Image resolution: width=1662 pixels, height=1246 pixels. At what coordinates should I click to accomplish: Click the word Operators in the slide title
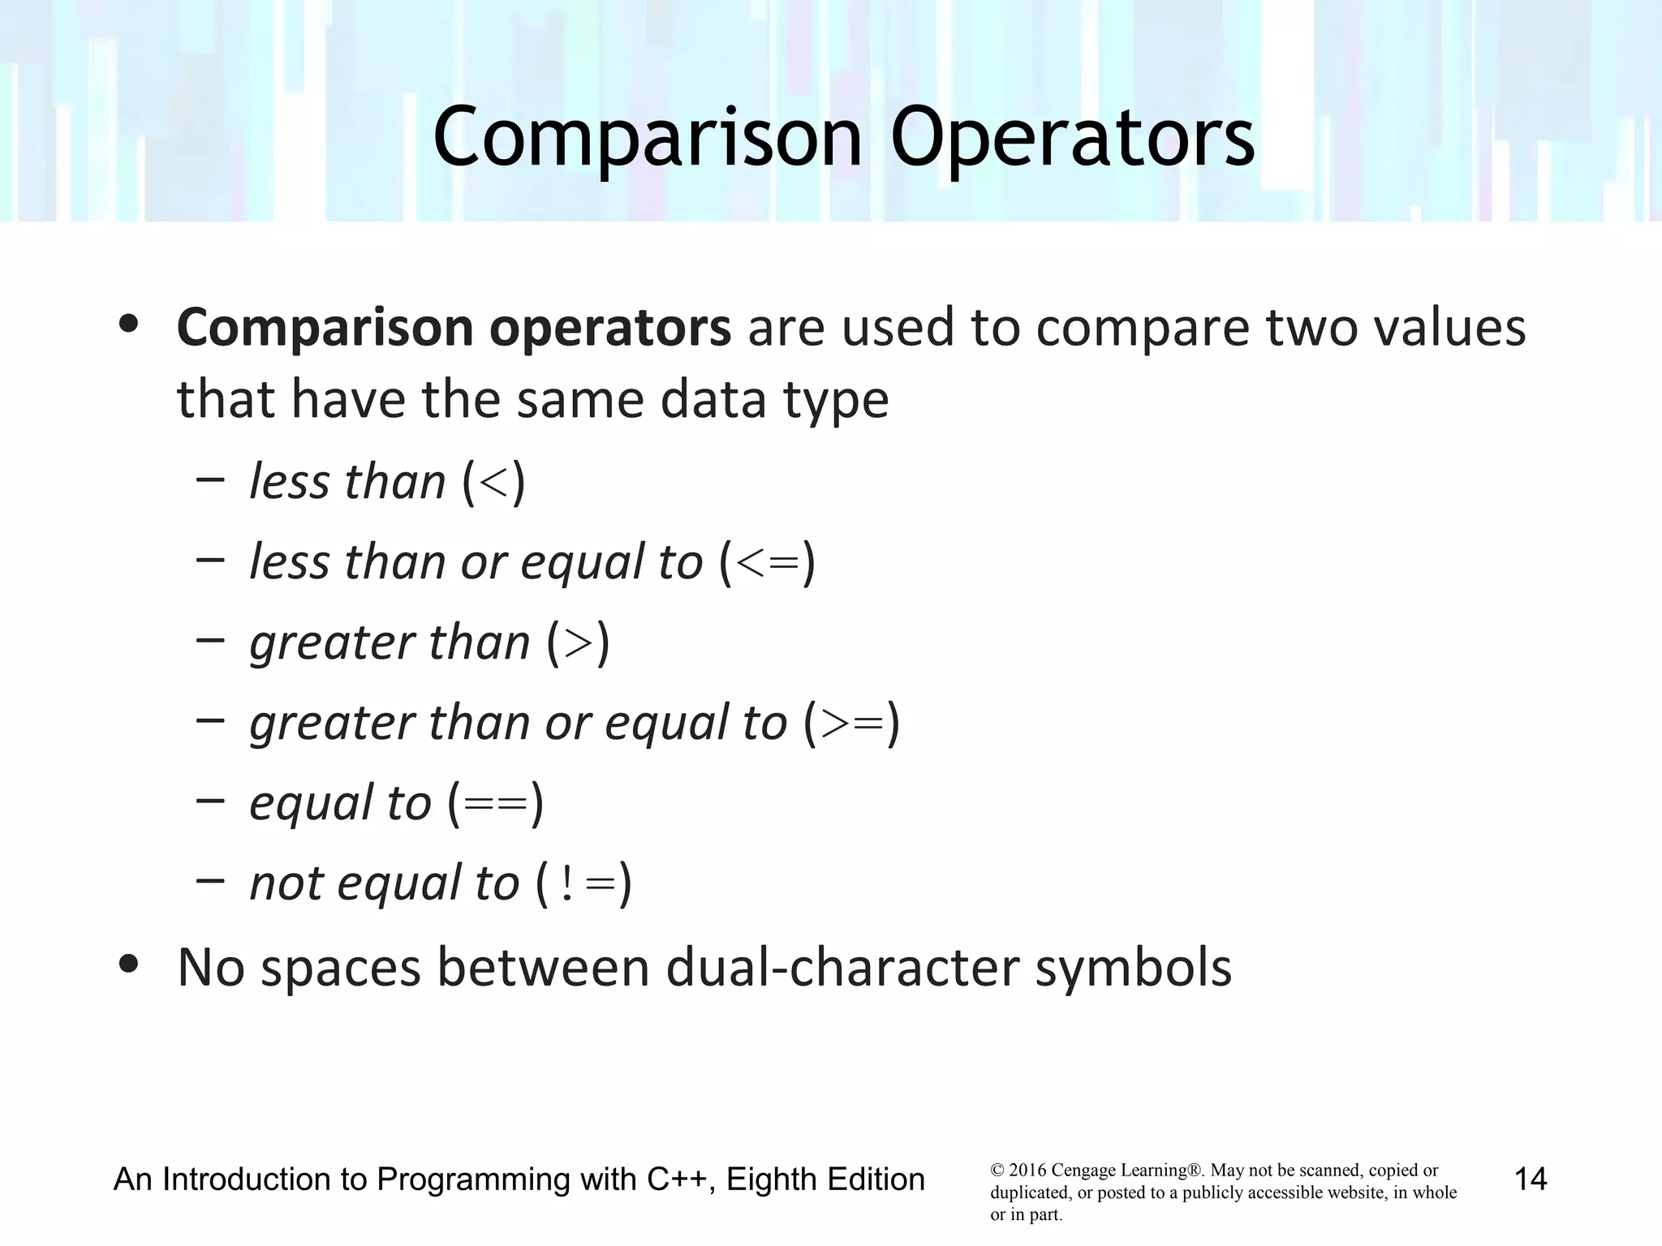pyautogui.click(x=1073, y=138)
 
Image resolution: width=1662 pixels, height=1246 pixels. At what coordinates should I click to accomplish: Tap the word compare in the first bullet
pyautogui.click(x=1143, y=329)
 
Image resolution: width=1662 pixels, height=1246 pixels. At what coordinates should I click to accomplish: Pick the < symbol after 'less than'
pyautogui.click(x=493, y=482)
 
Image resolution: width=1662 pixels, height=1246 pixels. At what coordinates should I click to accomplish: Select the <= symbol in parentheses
pyautogui.click(x=766, y=562)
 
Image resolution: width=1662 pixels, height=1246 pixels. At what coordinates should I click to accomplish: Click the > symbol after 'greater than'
pyautogui.click(x=578, y=642)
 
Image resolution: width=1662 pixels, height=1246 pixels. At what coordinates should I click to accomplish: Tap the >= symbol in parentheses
pyautogui.click(x=851, y=723)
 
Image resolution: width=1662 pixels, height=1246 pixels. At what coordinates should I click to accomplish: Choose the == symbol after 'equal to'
pyautogui.click(x=495, y=803)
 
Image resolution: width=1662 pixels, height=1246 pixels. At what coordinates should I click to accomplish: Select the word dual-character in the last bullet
pyautogui.click(x=841, y=968)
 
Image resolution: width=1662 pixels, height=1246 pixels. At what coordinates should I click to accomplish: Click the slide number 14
pyautogui.click(x=1531, y=1179)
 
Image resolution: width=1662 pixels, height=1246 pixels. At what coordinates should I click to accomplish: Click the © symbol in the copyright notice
pyautogui.click(x=997, y=1171)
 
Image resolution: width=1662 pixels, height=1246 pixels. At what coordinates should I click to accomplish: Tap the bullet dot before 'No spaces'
pyautogui.click(x=128, y=965)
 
